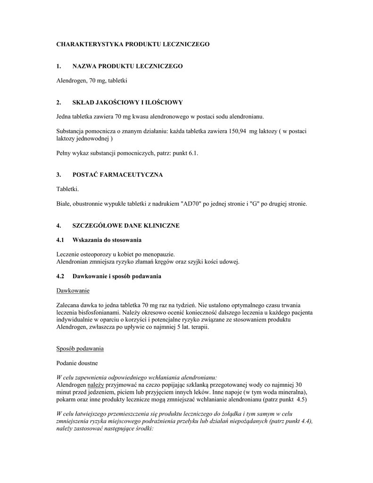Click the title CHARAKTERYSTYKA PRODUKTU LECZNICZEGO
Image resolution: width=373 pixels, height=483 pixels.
tap(133, 44)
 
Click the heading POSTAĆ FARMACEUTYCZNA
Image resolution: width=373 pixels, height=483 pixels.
tap(117, 175)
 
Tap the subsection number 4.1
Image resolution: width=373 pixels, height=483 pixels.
tap(60, 240)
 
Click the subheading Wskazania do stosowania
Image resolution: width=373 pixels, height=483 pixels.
tap(107, 240)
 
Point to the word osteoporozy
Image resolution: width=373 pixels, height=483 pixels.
tap(97, 254)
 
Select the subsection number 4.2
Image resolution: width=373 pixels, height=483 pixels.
tap(60, 276)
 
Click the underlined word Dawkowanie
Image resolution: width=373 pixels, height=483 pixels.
tap(73, 290)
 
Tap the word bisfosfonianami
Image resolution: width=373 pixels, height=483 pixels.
tap(99, 312)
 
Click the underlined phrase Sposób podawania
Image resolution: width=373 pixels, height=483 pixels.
tap(80, 349)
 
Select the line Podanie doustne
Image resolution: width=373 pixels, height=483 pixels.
tap(77, 363)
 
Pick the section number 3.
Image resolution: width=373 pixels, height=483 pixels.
tap(58, 175)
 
